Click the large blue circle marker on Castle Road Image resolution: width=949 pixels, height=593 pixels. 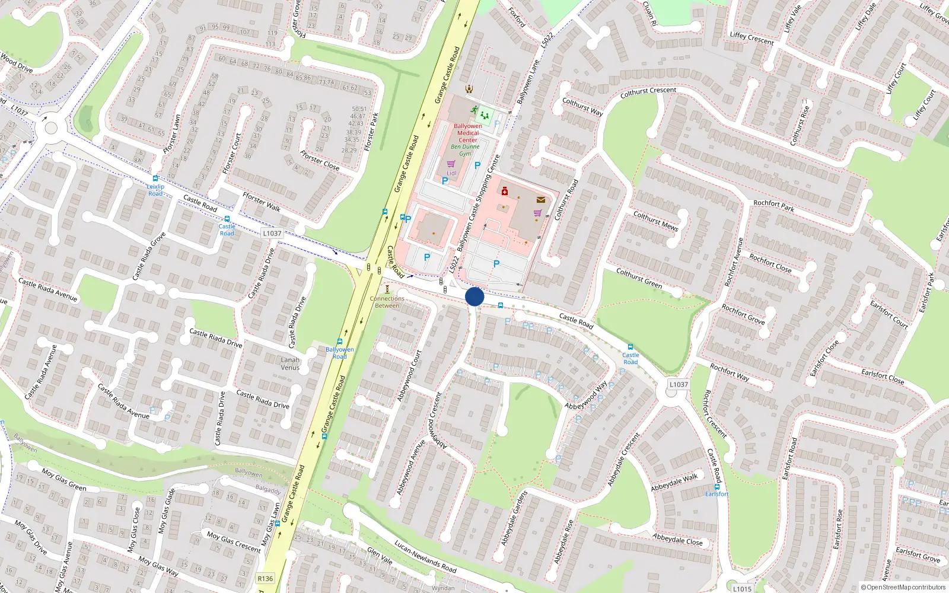point(474,296)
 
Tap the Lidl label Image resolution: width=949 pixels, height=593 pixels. point(451,173)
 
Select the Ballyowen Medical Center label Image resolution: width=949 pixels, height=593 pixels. point(468,133)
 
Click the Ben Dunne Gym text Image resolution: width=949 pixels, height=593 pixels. point(465,150)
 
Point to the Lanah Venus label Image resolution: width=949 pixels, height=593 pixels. point(290,364)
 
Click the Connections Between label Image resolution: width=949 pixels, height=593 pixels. point(387,302)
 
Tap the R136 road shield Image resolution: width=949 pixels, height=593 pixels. point(265,578)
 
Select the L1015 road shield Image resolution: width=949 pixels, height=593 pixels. point(742,588)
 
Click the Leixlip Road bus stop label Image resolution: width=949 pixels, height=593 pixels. point(155,190)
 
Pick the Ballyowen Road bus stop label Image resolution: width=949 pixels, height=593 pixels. point(339,353)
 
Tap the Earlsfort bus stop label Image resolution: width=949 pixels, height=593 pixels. point(716,493)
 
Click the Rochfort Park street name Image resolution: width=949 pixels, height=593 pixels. point(773,206)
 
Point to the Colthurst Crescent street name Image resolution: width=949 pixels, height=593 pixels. point(648,93)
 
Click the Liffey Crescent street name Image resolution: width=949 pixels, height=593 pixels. point(751,39)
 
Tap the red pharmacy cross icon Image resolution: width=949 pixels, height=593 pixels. point(505,191)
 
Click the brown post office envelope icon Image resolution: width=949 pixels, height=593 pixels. point(540,200)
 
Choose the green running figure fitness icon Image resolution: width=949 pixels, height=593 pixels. point(474,110)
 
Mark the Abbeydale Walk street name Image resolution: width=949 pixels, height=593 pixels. point(674,483)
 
